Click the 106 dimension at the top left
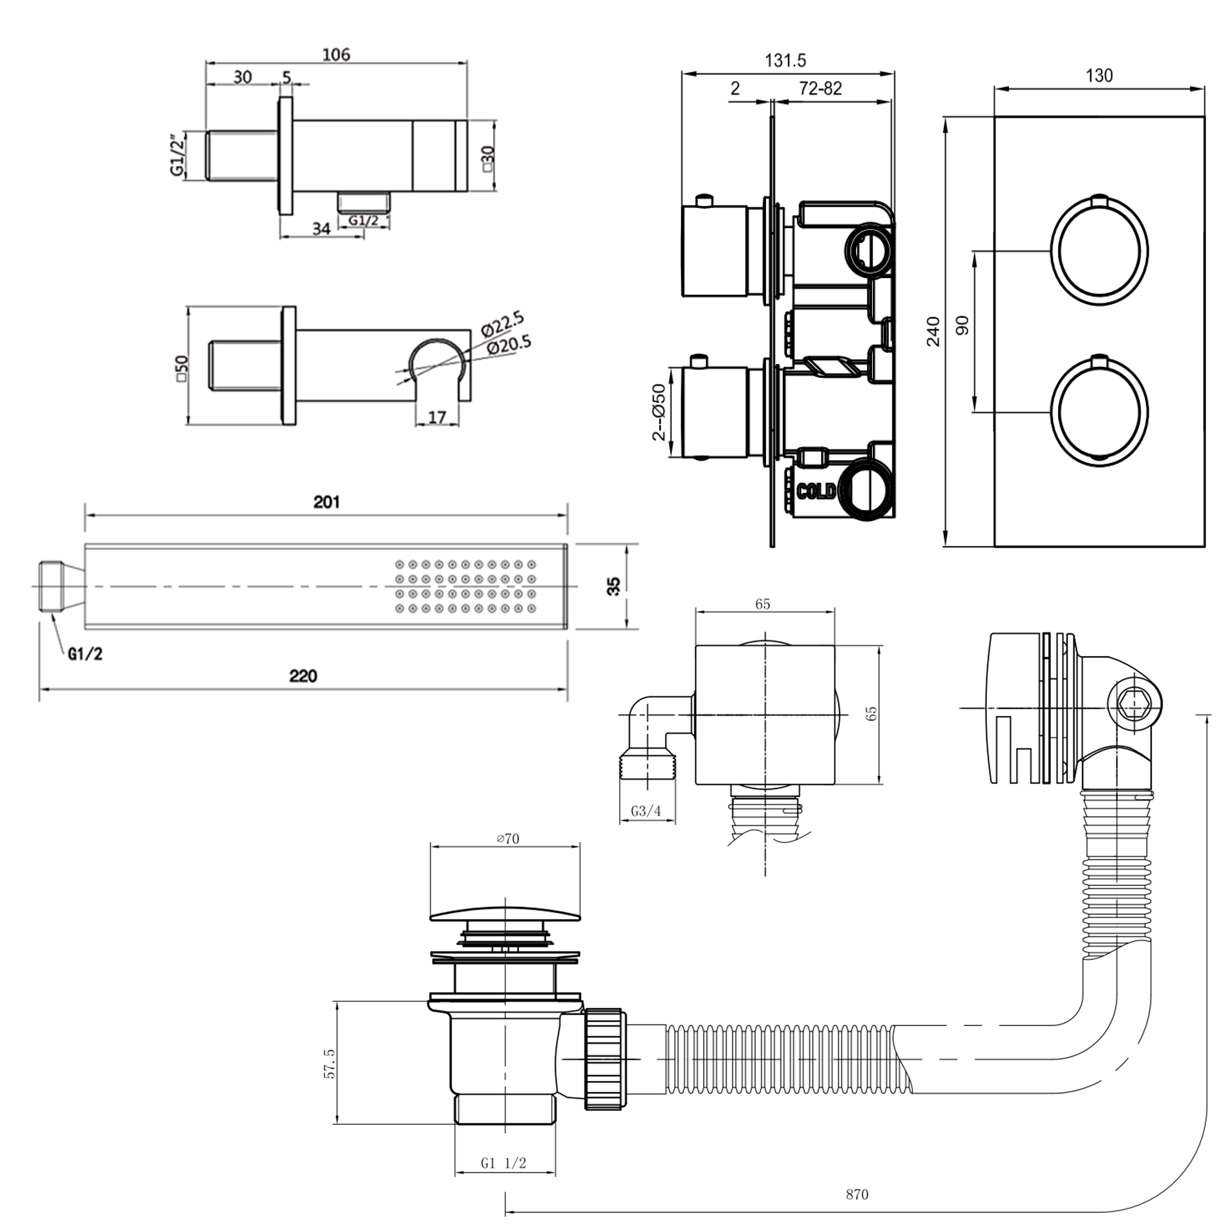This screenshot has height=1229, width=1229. click(336, 55)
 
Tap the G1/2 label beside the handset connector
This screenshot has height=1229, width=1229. click(85, 653)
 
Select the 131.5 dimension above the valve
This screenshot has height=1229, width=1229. click(785, 61)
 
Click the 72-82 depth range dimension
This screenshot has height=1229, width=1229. click(820, 88)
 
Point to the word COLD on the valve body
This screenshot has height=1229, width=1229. click(816, 492)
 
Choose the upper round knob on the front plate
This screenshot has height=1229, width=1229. click(1099, 251)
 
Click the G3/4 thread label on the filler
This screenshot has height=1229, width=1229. click(646, 811)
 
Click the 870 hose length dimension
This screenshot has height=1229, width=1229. click(857, 1194)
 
